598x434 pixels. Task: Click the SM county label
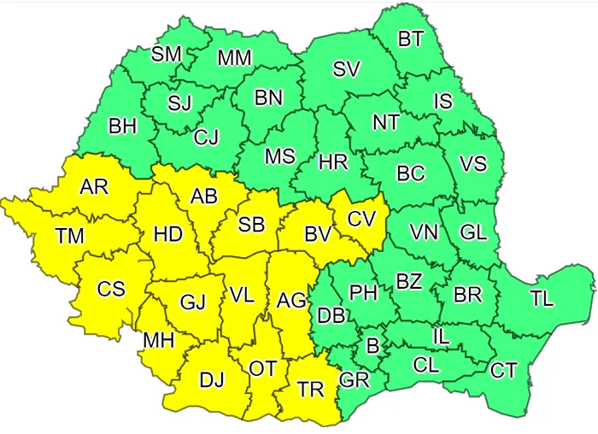coord(167,54)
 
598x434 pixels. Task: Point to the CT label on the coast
coord(503,370)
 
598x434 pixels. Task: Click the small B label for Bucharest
coord(372,346)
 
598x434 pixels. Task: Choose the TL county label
coord(541,299)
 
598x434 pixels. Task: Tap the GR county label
coord(354,379)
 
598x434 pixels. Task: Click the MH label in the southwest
coord(158,340)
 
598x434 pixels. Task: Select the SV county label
coord(346,71)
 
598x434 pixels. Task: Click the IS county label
coord(443,101)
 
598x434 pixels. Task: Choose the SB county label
coord(251,224)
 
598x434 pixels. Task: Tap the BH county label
coord(123,126)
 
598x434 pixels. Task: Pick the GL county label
coord(473,232)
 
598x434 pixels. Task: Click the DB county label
coord(331,314)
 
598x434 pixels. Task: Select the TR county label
coord(310,389)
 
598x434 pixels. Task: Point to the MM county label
coord(234,58)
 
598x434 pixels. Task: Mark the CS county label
coord(110,289)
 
